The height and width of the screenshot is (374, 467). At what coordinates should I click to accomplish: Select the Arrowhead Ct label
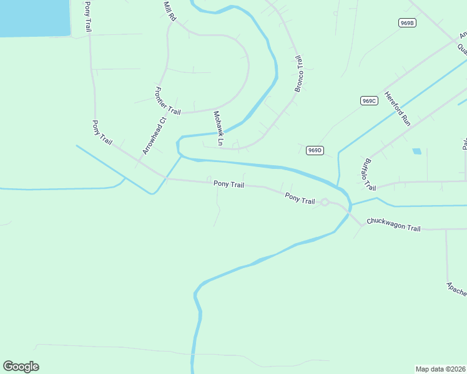point(154,136)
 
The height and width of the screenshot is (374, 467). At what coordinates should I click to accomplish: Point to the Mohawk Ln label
point(218,128)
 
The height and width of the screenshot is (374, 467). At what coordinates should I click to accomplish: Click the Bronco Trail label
point(298,74)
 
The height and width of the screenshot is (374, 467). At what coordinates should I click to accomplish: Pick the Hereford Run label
point(397,109)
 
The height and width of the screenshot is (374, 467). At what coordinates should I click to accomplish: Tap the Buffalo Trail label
point(369,175)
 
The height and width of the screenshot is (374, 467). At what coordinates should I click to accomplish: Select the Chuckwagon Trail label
point(394,224)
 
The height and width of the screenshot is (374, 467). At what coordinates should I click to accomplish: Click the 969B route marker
point(407,23)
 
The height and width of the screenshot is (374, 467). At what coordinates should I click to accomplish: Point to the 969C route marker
point(369,100)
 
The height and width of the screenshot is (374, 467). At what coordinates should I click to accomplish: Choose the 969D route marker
point(315,150)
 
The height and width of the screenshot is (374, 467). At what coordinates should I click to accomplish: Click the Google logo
point(21,367)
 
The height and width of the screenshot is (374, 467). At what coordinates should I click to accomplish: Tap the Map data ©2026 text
point(441,368)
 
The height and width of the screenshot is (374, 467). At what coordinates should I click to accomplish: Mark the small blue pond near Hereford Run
point(416,151)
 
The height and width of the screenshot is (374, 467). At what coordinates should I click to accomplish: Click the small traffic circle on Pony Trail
point(325,202)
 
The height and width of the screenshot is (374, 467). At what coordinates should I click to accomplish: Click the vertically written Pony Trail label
point(87,17)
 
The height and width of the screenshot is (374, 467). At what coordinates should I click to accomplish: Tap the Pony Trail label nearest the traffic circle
point(300,199)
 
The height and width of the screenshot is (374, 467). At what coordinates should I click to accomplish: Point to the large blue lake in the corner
point(34,16)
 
